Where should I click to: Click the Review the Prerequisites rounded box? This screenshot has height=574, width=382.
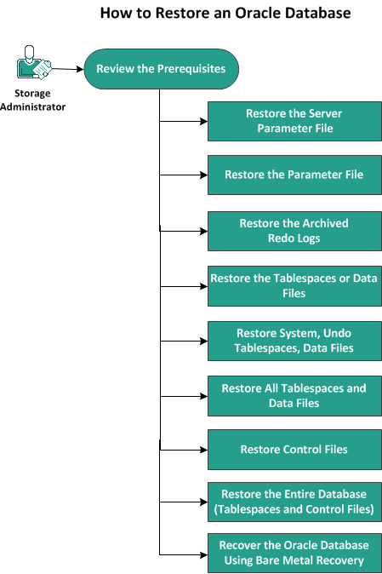point(161,69)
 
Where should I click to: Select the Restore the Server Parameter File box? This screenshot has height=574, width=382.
point(294,121)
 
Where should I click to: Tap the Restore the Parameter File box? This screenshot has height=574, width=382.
point(294,175)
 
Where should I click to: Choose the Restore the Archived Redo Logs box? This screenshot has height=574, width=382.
point(294,231)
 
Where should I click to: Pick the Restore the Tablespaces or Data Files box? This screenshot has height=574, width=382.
point(294,286)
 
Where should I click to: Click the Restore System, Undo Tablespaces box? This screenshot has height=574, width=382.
point(294,341)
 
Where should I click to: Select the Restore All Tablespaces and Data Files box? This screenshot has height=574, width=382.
point(294,396)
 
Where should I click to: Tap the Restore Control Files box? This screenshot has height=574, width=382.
point(294,450)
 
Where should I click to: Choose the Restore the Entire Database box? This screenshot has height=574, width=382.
point(294,502)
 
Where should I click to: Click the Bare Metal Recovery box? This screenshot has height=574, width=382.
point(294,553)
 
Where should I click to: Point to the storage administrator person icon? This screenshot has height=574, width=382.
point(33,62)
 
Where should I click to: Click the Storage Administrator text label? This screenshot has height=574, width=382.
point(32,100)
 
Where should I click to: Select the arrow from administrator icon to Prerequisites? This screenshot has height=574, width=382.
point(67,68)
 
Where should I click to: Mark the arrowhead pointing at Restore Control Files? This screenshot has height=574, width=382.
point(204,450)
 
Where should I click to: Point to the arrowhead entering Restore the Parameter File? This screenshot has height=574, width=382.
point(204,175)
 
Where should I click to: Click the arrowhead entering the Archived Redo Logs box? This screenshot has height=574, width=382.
point(204,231)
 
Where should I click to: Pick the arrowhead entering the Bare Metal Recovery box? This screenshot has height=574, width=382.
point(204,555)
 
